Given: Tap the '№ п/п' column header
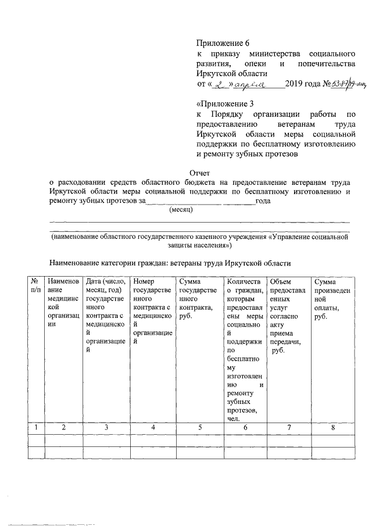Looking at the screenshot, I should pos(36,285).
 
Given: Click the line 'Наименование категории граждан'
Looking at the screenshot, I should pos(170,263).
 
